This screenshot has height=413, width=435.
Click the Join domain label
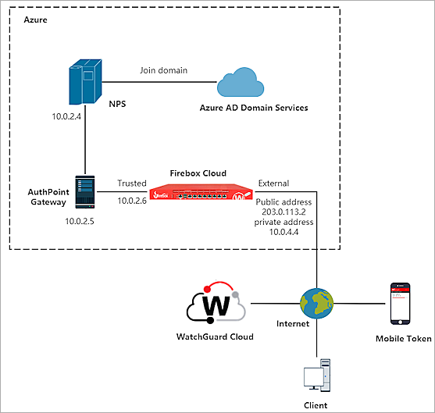(x=163, y=69)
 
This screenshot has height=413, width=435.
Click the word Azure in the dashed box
(x=37, y=17)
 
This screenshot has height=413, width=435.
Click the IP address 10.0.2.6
(x=132, y=201)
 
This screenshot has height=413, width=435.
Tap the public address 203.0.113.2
(x=284, y=211)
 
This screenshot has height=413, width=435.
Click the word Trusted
(x=132, y=183)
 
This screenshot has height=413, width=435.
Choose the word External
(x=273, y=183)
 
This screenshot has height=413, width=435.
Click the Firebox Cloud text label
(x=199, y=172)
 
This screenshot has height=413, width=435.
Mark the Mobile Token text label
(x=401, y=339)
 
